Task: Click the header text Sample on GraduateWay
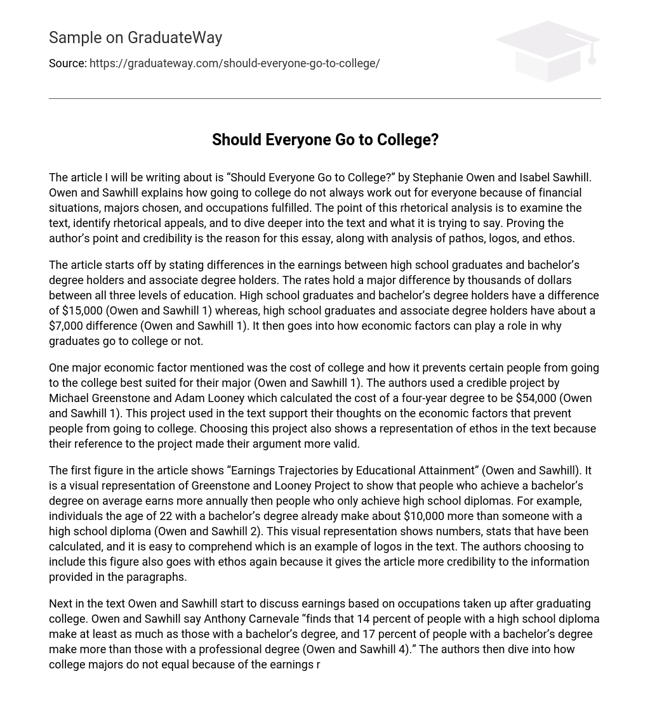click(x=135, y=38)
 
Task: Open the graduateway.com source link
click(x=234, y=63)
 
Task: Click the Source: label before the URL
click(x=67, y=63)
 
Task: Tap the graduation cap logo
click(x=547, y=51)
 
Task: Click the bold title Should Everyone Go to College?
click(x=325, y=140)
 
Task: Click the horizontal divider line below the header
click(x=325, y=98)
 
